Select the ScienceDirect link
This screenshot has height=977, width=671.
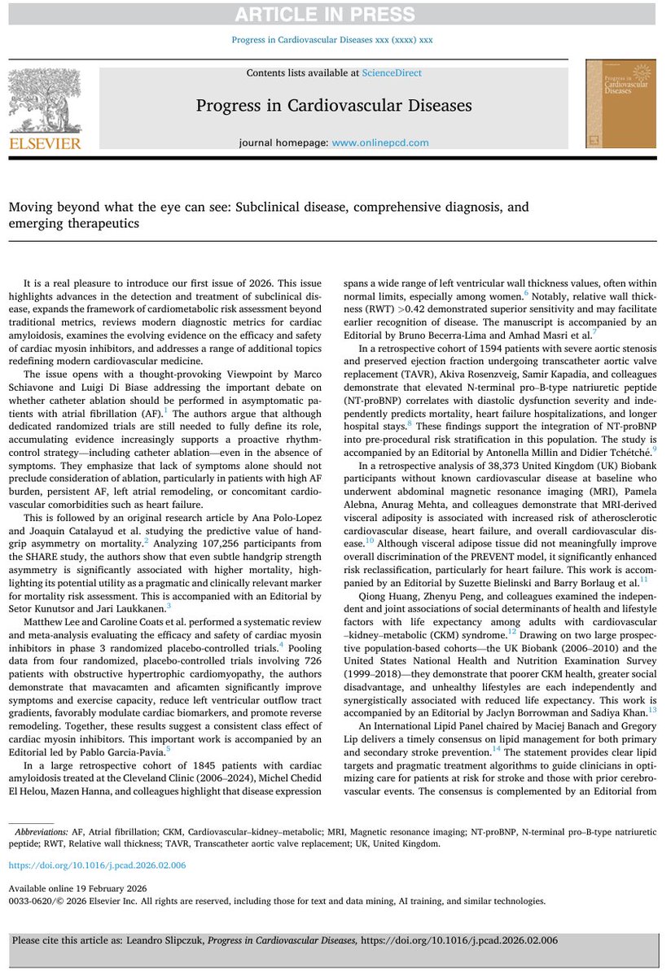(397, 73)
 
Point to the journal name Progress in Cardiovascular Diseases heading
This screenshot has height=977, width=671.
(335, 106)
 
